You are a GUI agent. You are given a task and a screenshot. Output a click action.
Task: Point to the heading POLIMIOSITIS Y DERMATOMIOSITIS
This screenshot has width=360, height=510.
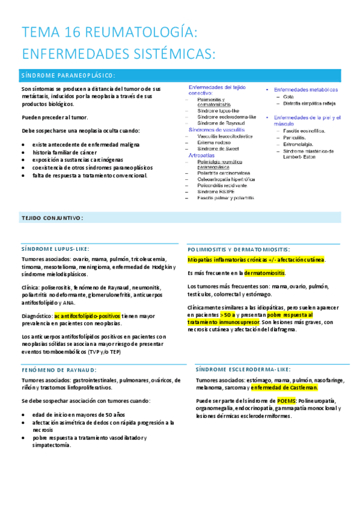coord(239,249)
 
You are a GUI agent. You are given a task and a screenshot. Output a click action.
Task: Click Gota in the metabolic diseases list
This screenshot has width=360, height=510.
coord(288,97)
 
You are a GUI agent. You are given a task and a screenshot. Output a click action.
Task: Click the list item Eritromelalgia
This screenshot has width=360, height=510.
coord(299,144)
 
